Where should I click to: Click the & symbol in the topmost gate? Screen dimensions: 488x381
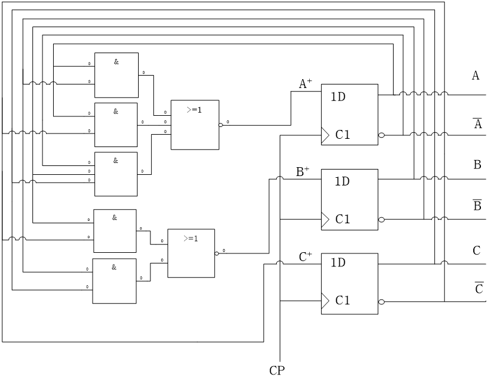point(116,61)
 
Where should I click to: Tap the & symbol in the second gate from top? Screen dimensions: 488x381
point(116,111)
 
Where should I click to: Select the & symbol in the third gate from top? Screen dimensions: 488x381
point(116,160)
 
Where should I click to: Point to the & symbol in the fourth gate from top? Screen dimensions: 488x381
point(114,217)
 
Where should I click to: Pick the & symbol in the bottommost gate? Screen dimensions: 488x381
point(114,267)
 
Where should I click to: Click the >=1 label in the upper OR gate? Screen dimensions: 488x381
point(194,110)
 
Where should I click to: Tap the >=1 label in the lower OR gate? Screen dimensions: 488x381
point(191,239)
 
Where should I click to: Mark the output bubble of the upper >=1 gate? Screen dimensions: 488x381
point(221,125)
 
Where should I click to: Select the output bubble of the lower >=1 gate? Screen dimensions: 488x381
point(217,253)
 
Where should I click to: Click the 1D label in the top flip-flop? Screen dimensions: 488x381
point(338,97)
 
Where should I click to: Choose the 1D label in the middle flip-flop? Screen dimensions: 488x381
point(342,181)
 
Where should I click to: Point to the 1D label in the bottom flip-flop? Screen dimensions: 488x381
point(338,263)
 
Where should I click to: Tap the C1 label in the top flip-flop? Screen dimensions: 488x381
point(343,135)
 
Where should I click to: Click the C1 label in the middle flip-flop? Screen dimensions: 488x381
point(343,219)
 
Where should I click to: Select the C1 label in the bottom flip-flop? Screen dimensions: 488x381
point(343,301)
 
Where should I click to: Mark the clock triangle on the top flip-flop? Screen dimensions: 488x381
point(325,135)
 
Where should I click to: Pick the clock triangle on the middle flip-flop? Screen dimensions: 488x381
point(325,220)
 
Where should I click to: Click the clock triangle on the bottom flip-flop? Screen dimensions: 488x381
point(325,301)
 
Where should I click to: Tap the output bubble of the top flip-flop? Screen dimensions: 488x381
point(381,135)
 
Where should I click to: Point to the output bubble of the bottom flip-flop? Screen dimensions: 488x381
point(381,302)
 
